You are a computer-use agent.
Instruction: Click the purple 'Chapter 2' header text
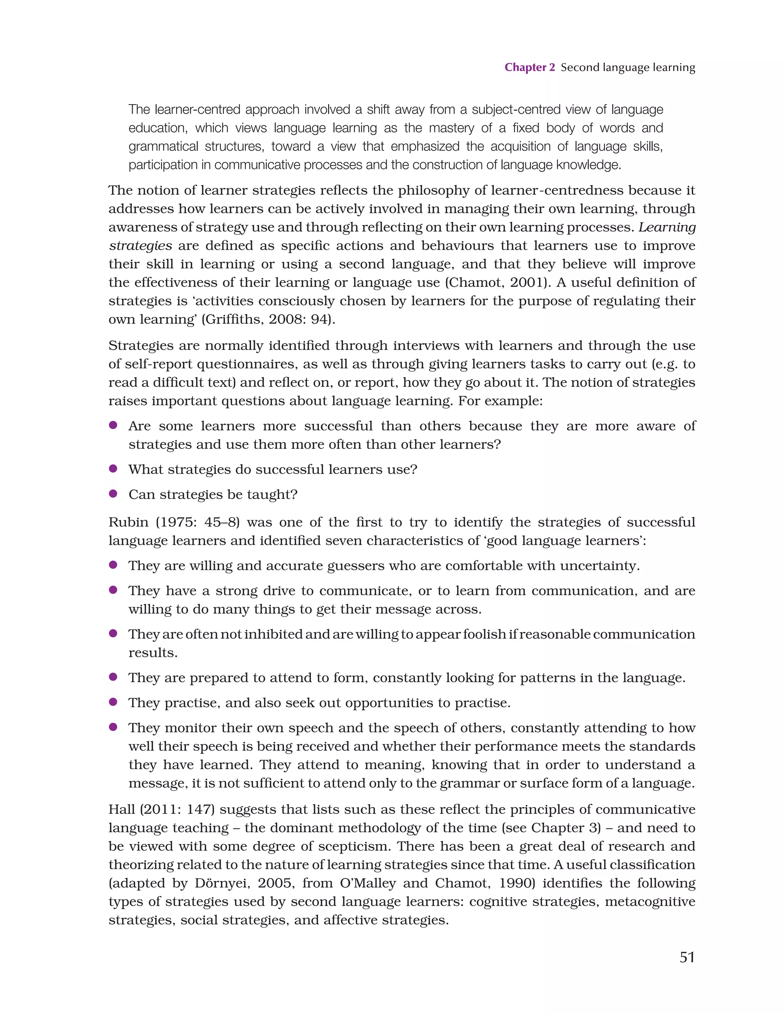tap(529, 67)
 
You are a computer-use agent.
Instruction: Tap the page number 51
tap(687, 957)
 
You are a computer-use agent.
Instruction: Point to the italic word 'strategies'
tap(140, 246)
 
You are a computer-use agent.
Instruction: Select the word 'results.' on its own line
tap(153, 653)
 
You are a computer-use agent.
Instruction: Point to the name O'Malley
tap(368, 883)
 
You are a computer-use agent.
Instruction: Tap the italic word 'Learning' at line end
tap(667, 227)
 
